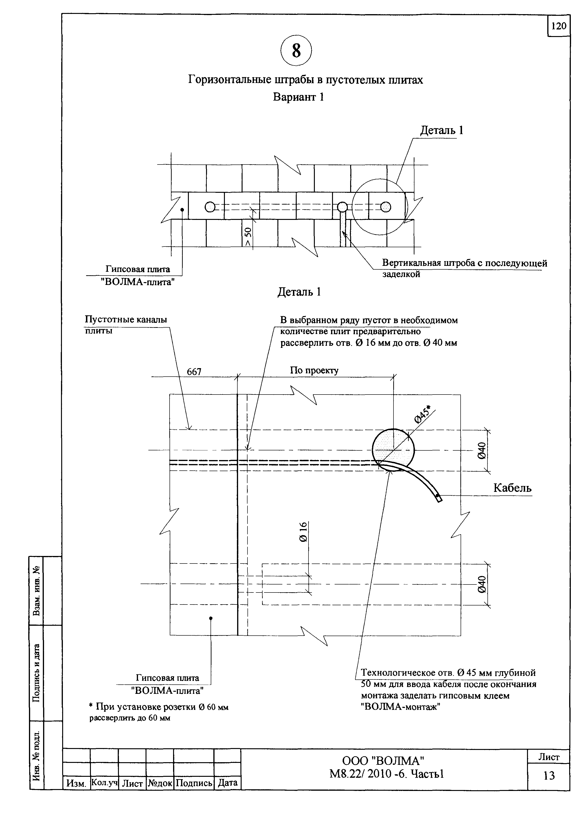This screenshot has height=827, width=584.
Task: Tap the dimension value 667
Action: point(194,372)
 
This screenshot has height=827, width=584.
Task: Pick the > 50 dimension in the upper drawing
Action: point(248,236)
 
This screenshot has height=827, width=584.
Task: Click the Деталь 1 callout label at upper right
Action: point(442,130)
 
